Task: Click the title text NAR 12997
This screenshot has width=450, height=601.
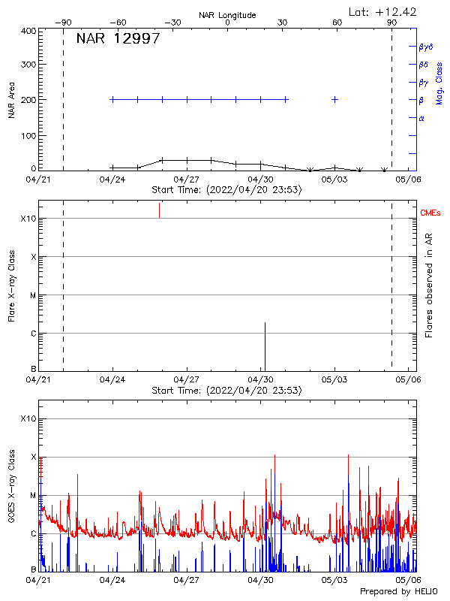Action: [x=118, y=39]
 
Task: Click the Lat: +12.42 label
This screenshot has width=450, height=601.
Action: [x=383, y=11]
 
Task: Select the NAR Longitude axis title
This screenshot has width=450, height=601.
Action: [x=227, y=15]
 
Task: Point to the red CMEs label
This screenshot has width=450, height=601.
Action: [x=430, y=214]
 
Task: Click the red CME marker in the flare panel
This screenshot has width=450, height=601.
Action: [x=159, y=210]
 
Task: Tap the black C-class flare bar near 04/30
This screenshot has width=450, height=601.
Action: [x=265, y=346]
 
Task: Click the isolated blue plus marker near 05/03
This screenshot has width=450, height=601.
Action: [x=334, y=99]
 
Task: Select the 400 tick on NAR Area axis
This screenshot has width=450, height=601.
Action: [x=28, y=31]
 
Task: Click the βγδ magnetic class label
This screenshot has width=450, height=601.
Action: [x=426, y=47]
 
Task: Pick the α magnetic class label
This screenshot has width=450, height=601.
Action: [x=421, y=118]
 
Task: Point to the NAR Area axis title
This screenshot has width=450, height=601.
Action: [x=12, y=100]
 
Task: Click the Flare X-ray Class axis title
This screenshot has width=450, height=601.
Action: [x=12, y=287]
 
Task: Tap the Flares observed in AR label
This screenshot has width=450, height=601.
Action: [x=429, y=285]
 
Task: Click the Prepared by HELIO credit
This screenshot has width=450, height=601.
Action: [x=391, y=592]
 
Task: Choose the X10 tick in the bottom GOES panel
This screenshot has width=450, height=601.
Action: [x=27, y=418]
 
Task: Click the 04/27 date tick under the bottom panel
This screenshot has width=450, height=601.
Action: [x=186, y=580]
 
